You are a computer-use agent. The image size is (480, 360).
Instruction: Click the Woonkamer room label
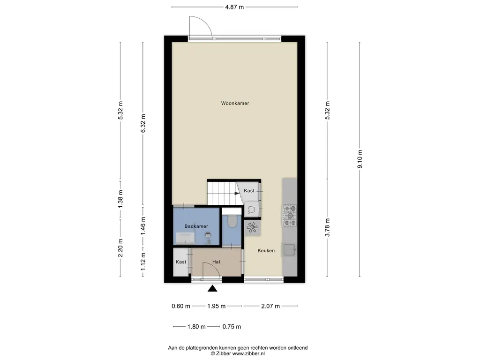[x=235, y=103]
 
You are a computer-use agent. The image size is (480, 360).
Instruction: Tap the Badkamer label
[x=196, y=226]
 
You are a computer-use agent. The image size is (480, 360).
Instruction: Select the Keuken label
[x=266, y=250]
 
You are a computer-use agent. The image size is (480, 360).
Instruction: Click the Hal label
[x=216, y=262]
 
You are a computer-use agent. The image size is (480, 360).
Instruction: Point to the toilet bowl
[x=232, y=222]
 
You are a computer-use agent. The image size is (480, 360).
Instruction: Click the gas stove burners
[x=290, y=216]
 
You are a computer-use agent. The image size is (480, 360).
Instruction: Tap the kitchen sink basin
[x=289, y=249]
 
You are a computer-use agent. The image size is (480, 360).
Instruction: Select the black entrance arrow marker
[x=212, y=288]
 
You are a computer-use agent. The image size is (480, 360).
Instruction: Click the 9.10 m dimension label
[x=360, y=159]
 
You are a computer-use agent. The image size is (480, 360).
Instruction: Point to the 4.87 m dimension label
[x=234, y=7]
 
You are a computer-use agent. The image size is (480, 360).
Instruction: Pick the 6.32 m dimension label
[x=143, y=123]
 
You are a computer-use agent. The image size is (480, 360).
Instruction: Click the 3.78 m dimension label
[x=327, y=227]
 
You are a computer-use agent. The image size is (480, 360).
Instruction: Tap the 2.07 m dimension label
[x=270, y=306]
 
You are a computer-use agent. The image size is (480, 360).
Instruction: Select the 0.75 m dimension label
[x=232, y=327]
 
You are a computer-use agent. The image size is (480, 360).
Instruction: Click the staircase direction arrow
[x=237, y=193]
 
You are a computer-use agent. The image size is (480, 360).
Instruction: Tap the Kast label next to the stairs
[x=249, y=191]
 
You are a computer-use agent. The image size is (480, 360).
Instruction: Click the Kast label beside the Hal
[x=180, y=262]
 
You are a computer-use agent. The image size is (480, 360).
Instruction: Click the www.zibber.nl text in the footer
[x=248, y=353]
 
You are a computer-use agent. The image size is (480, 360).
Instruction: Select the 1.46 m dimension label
[x=143, y=226]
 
